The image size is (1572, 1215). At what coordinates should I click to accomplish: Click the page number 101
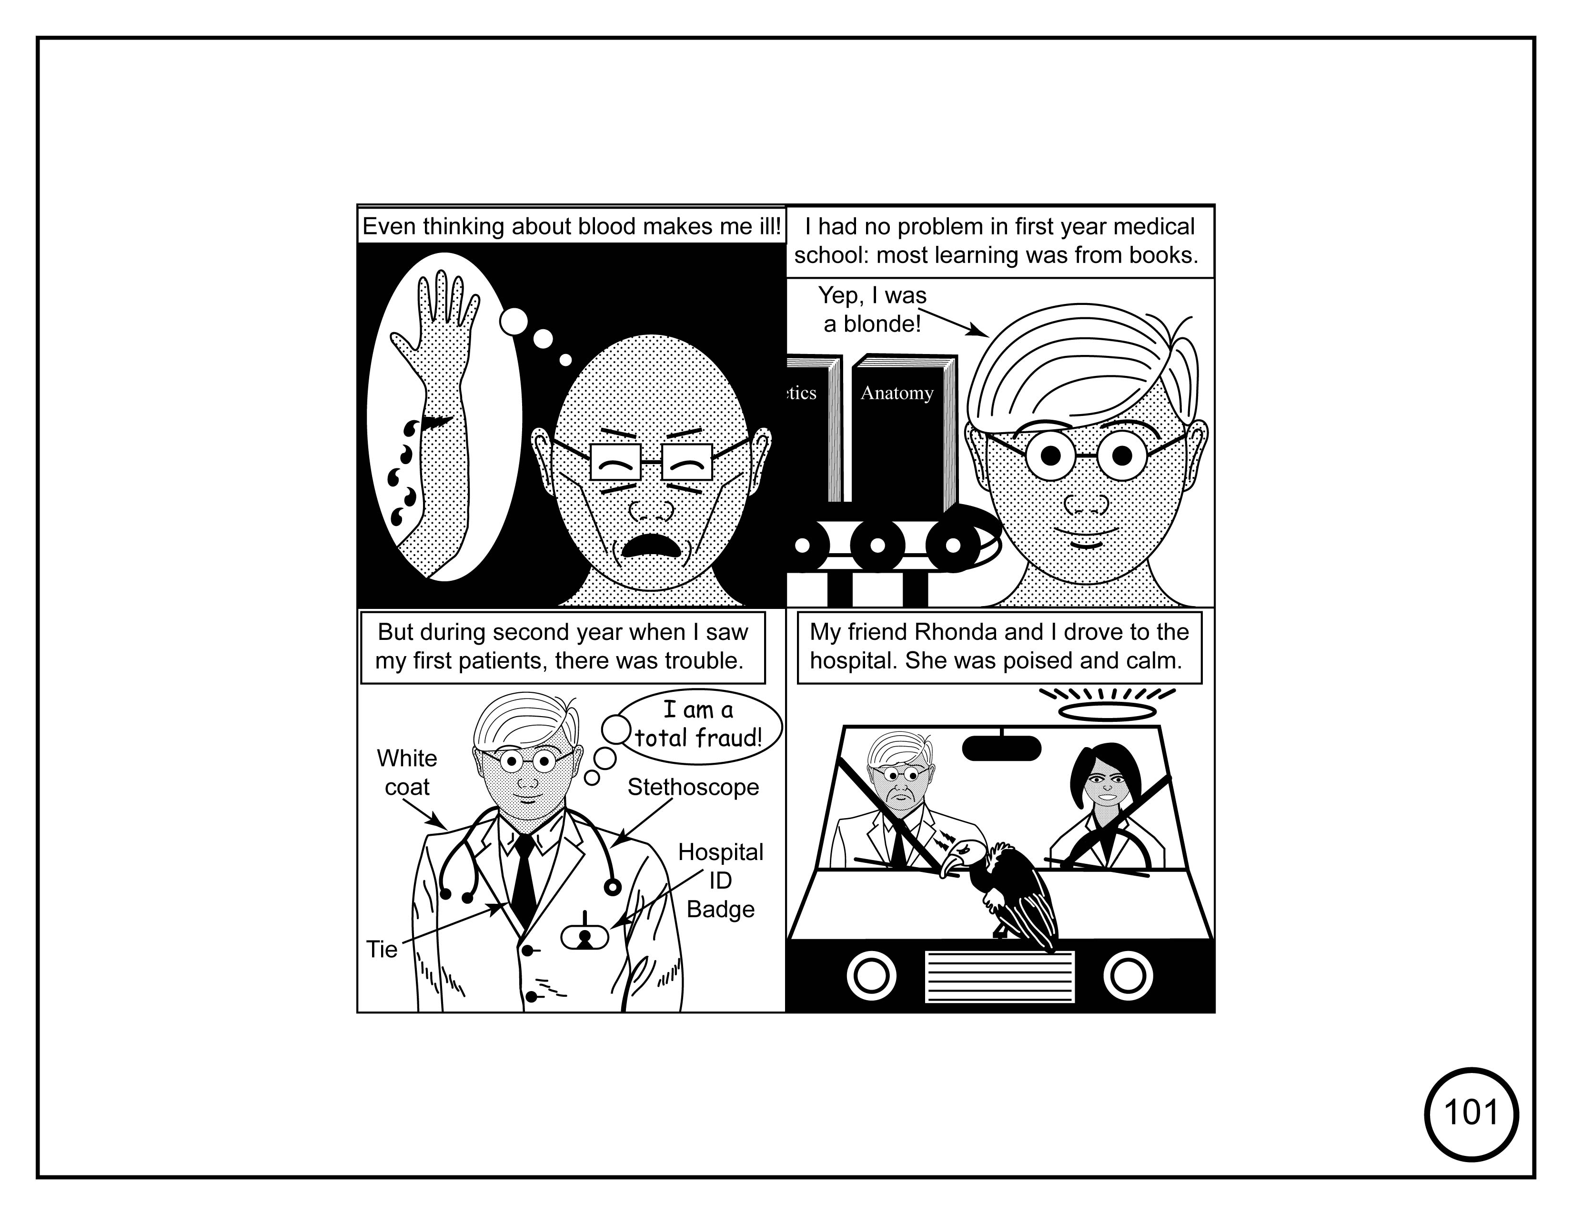(1471, 1113)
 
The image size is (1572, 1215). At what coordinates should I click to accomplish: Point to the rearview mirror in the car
(1001, 748)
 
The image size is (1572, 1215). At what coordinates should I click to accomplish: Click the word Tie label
(382, 950)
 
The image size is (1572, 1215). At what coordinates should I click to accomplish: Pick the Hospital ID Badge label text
(720, 881)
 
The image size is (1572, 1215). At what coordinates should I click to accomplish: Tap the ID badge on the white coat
(584, 936)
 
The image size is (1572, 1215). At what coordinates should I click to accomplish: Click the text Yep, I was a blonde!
(872, 310)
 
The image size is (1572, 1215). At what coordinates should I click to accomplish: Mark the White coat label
(407, 772)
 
